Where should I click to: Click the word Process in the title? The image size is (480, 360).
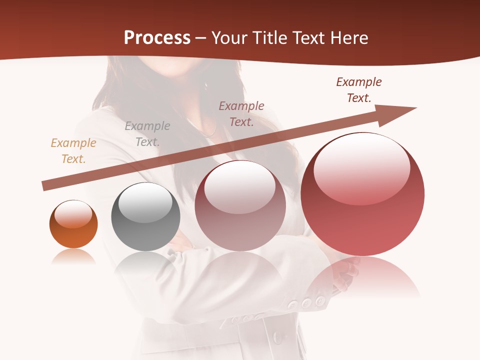(x=157, y=38)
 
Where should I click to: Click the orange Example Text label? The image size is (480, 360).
(x=73, y=151)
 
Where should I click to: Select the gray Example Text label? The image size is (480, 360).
(x=147, y=134)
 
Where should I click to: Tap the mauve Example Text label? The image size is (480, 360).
(x=241, y=114)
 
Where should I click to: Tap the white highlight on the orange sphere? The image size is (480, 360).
(x=73, y=214)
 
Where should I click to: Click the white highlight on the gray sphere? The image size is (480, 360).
(x=145, y=202)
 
